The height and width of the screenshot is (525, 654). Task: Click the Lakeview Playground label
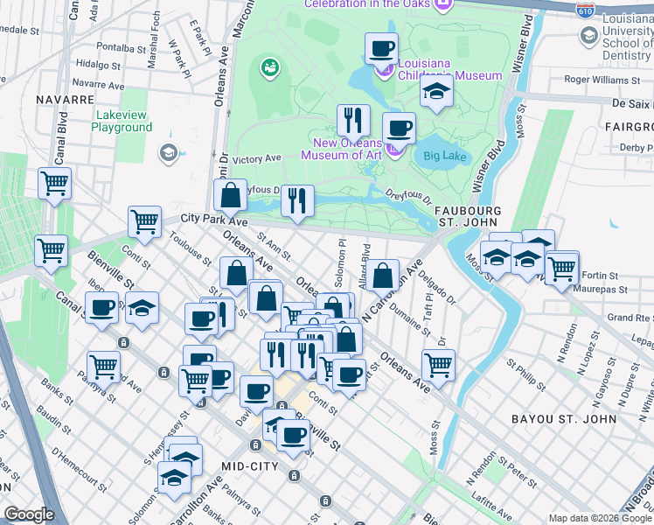pos(122,121)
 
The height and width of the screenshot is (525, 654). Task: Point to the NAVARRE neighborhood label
pos(65,100)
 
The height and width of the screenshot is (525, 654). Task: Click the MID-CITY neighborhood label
pos(250,466)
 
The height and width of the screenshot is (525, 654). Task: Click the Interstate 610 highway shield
pos(586,10)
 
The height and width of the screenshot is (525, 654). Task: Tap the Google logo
pos(30,514)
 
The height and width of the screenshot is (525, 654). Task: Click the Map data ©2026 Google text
pos(601,518)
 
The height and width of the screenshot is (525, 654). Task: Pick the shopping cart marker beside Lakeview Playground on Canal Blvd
pos(54,185)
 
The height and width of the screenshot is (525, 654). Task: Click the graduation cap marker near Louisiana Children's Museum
pos(435,92)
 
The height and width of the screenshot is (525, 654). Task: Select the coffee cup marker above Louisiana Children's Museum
pos(381,48)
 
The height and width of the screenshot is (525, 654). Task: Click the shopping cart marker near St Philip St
pos(438,365)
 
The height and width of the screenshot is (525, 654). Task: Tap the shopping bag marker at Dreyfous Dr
pos(230,195)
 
